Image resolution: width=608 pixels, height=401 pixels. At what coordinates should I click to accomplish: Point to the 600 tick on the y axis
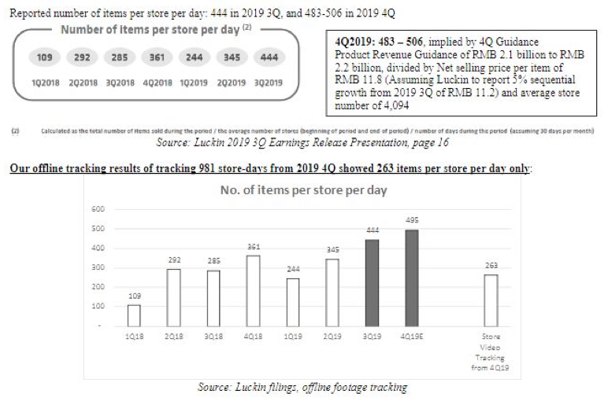tap(98, 208)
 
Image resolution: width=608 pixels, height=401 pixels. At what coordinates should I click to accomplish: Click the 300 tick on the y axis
tap(98, 268)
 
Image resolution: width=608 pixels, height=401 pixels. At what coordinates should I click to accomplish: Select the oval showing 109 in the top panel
tap(44, 57)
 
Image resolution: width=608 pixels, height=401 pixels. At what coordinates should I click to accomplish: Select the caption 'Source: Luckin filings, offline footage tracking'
tap(302, 388)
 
